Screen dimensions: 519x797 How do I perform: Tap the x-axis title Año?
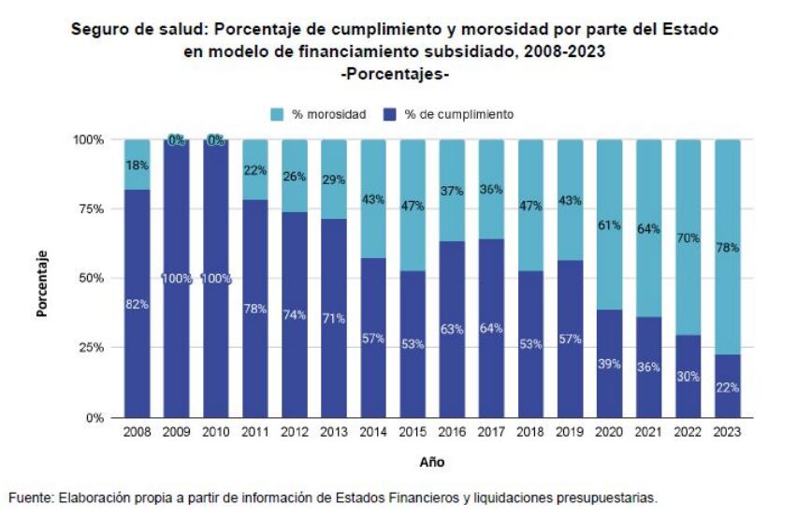pyautogui.click(x=432, y=462)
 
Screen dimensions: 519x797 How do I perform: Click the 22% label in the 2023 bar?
pyautogui.click(x=728, y=385)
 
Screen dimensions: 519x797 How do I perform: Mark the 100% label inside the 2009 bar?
pyautogui.click(x=177, y=279)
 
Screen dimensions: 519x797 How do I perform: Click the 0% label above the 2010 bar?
pyautogui.click(x=216, y=140)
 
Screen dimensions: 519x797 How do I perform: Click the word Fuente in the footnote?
pyautogui.click(x=30, y=498)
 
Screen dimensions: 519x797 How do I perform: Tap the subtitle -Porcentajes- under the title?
pyautogui.click(x=396, y=73)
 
